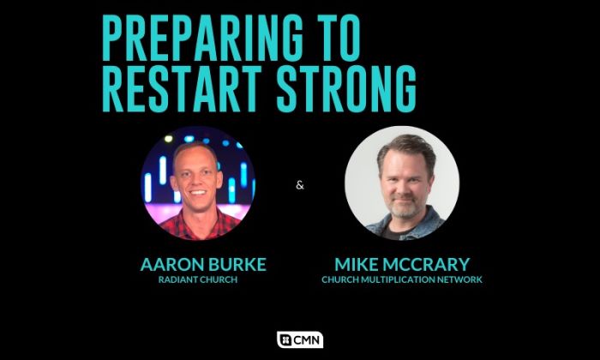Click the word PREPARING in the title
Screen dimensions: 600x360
(x=203, y=38)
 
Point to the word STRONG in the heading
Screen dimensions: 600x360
(x=346, y=89)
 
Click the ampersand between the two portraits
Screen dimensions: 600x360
(x=300, y=185)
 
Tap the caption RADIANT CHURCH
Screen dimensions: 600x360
(x=198, y=279)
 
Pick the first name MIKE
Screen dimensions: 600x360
(x=357, y=264)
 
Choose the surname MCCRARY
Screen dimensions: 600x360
(x=426, y=264)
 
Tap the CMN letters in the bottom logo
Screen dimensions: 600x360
(x=306, y=340)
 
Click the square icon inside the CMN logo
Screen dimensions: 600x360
(x=285, y=340)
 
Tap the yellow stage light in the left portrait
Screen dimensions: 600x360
(x=168, y=139)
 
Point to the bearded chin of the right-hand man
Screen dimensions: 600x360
(x=403, y=211)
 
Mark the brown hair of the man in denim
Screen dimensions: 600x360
(x=406, y=146)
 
